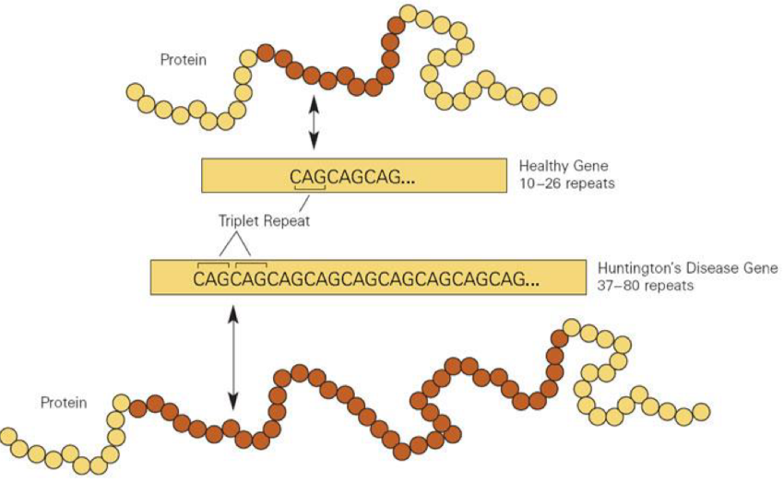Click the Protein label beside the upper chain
184,60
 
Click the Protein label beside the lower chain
64,403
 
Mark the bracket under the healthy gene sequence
310,189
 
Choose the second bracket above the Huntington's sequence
251,264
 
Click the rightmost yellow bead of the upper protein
547,96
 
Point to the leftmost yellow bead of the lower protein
10,436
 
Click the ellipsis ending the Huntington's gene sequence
531,278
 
